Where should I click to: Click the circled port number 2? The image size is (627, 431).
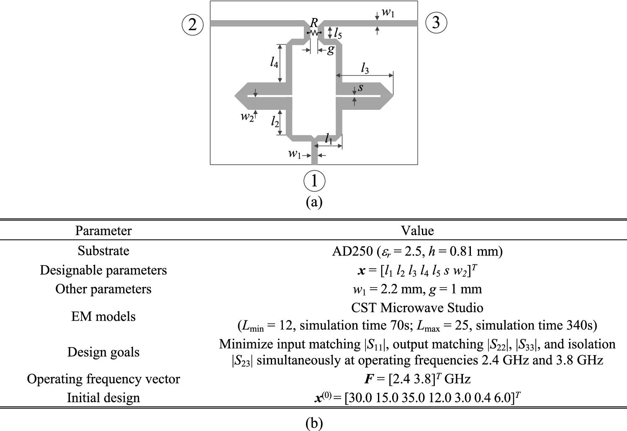(193, 24)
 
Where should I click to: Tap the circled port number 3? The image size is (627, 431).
(436, 22)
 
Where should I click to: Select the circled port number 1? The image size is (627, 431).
(314, 180)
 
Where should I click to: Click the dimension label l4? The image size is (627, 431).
(274, 63)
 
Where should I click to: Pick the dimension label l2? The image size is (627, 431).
(275, 122)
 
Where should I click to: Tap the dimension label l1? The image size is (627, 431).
(329, 139)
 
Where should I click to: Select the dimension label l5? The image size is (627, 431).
(338, 34)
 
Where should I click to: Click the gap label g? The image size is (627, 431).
(331, 50)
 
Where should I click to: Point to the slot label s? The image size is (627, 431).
(360, 88)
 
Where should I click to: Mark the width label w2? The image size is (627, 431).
(247, 117)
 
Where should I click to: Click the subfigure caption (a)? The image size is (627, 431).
(314, 202)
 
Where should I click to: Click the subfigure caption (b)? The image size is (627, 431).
(314, 423)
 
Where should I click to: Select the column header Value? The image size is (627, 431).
(417, 231)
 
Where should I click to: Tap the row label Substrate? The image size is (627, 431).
(103, 251)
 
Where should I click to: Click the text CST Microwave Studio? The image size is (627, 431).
(417, 308)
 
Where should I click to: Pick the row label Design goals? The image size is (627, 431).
(103, 352)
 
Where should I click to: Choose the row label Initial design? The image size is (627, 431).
(103, 397)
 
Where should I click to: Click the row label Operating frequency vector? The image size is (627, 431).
(103, 379)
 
